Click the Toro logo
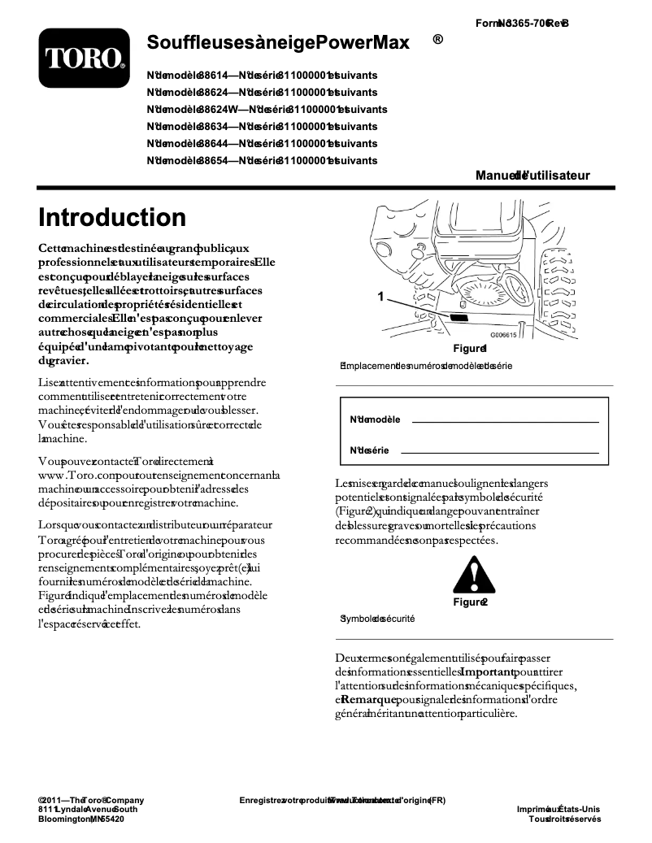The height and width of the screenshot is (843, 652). (x=84, y=57)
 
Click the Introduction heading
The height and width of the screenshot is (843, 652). (x=112, y=217)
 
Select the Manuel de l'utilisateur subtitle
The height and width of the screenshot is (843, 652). (x=532, y=175)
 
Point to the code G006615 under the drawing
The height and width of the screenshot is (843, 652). (x=503, y=334)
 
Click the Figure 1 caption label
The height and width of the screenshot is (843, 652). (x=470, y=348)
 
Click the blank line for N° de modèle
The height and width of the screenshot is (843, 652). (x=506, y=421)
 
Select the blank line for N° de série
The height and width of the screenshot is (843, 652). (x=499, y=451)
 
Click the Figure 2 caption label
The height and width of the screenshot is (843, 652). (x=470, y=602)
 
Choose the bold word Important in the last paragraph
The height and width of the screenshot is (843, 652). (x=487, y=672)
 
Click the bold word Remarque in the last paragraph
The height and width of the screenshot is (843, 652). (x=369, y=699)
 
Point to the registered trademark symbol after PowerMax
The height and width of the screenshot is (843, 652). (x=437, y=39)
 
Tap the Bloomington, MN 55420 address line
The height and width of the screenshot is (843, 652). (x=81, y=819)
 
